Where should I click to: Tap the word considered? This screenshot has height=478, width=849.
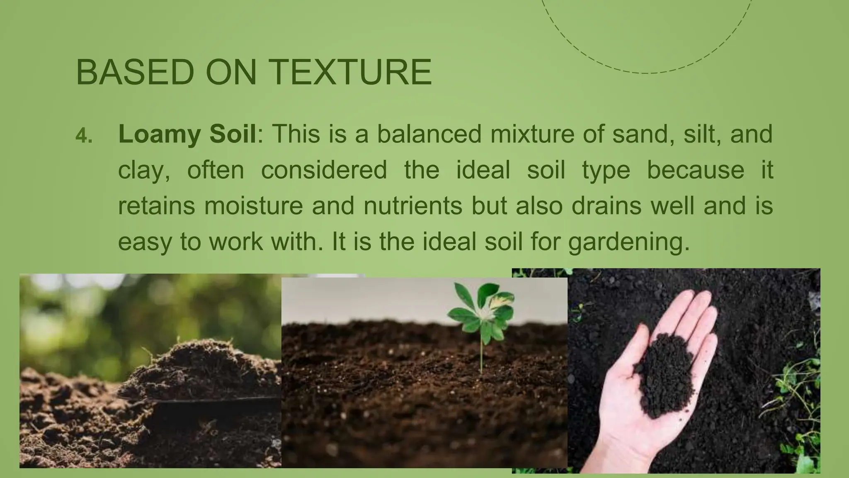click(x=324, y=170)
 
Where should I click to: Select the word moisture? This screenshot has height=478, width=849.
click(x=253, y=206)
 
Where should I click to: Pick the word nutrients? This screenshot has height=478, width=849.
click(x=412, y=206)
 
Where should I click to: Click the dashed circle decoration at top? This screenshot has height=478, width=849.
click(x=645, y=73)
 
